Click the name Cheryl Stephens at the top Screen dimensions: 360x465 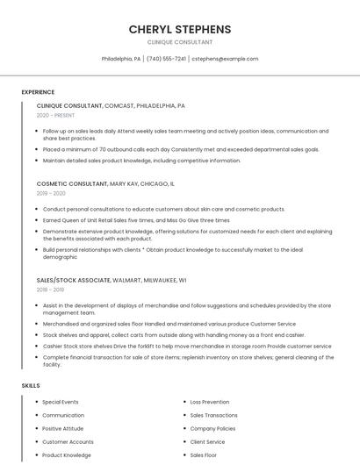coord(180,29)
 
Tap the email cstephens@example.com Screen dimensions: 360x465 coord(225,59)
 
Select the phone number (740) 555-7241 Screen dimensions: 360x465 coord(166,59)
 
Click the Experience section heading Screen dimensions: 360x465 coord(38,92)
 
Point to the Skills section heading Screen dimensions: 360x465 coord(31,385)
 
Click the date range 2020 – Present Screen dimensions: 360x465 coord(56,115)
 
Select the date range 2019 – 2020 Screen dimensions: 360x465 coord(51,193)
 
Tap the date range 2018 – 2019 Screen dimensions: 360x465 coord(50,289)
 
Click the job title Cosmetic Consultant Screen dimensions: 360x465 coord(72,184)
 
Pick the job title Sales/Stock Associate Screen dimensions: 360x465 coord(74,280)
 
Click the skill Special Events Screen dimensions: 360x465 coord(61,402)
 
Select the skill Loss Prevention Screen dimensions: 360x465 coord(210,402)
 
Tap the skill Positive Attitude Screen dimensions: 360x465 coord(63,428)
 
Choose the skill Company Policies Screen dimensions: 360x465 coord(212,428)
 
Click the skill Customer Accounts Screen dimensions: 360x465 coord(68,441)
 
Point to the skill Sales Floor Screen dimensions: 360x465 coord(204,455)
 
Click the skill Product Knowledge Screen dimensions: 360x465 coord(67,455)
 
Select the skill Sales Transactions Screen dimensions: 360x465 coord(214,415)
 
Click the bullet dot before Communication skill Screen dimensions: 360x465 coord(36,415)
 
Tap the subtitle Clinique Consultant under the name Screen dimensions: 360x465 coord(180,41)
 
